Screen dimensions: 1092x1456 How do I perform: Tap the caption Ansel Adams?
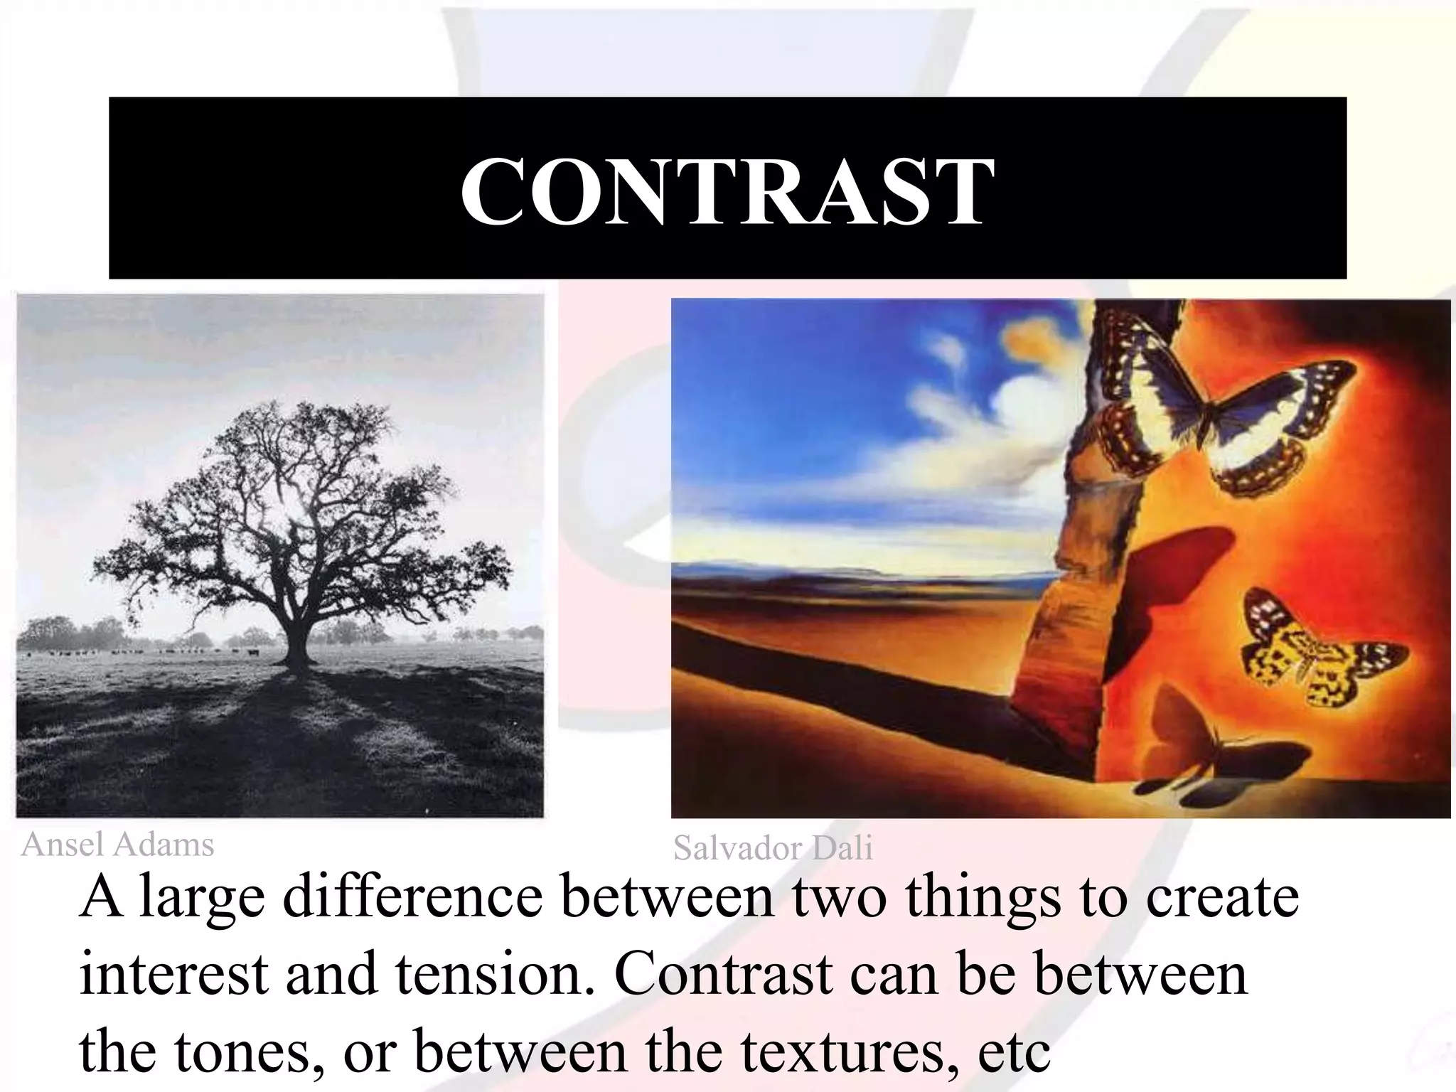click(x=117, y=845)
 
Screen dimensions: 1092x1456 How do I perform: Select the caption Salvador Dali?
click(x=773, y=849)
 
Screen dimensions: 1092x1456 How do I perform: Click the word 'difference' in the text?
click(x=412, y=899)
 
